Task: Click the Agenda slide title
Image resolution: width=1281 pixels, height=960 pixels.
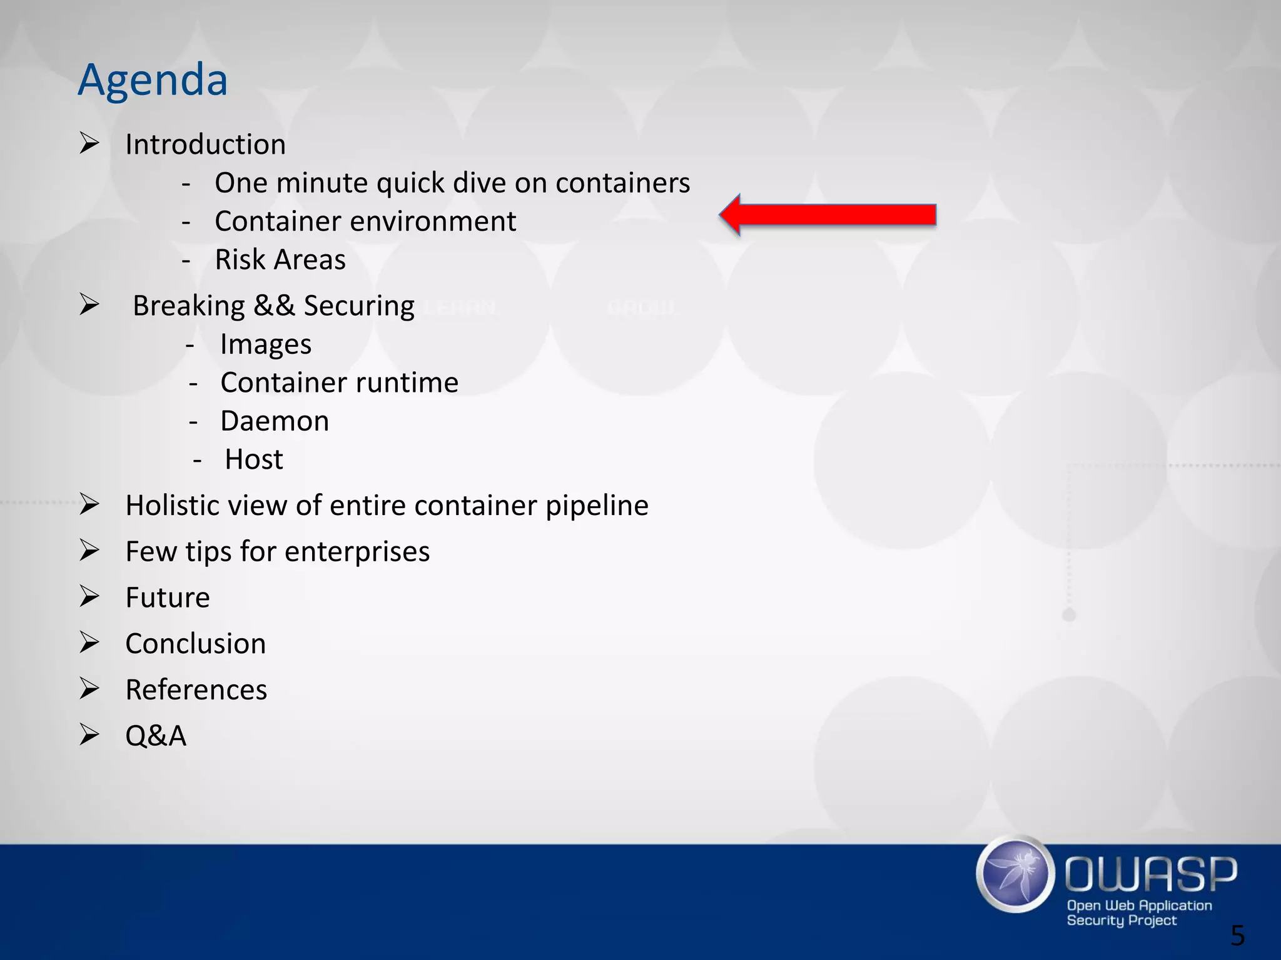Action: (153, 80)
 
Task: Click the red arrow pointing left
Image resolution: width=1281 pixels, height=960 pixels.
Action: (827, 215)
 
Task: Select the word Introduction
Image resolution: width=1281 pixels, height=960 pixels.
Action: (205, 144)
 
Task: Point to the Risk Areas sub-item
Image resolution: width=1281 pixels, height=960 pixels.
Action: (280, 259)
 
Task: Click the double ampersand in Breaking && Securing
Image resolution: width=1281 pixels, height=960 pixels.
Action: (274, 306)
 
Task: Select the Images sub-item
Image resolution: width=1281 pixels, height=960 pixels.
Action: (265, 344)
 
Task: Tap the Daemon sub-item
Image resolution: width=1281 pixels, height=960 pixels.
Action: (274, 421)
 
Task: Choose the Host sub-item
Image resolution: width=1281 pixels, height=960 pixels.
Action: (253, 459)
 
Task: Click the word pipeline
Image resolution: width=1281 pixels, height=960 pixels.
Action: (597, 506)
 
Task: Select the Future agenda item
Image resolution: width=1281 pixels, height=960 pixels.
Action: (167, 597)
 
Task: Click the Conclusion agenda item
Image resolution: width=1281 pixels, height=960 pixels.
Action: (195, 644)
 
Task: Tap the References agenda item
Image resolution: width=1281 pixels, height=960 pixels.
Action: (196, 690)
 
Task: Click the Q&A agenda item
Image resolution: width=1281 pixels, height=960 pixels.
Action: (156, 736)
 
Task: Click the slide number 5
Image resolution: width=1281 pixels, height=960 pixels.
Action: (1237, 936)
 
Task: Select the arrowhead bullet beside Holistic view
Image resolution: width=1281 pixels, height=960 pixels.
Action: (89, 504)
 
